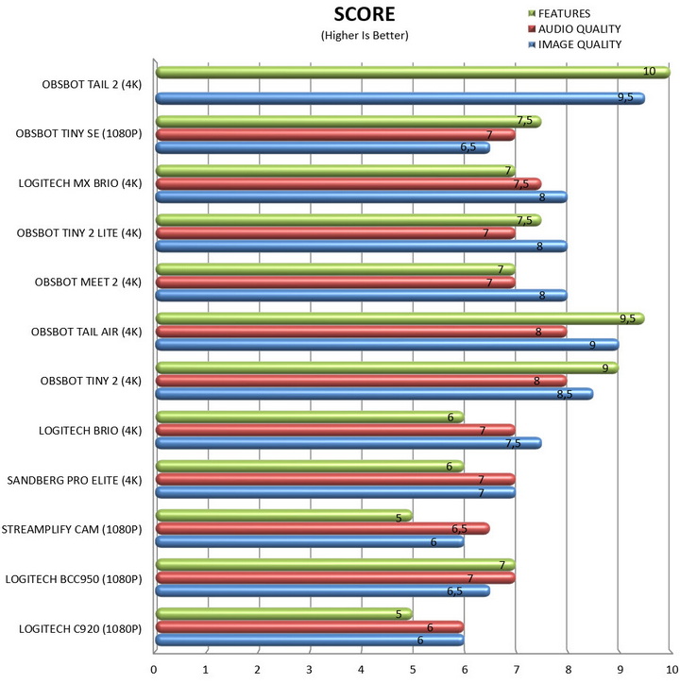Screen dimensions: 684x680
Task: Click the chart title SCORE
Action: tap(364, 15)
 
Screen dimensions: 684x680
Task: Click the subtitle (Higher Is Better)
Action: tap(364, 36)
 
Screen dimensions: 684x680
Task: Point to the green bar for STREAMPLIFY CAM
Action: tap(283, 516)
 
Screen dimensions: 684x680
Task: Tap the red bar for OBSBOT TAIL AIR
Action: tap(360, 331)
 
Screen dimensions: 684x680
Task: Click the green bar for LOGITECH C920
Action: tap(283, 614)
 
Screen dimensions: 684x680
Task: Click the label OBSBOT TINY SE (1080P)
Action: tap(78, 133)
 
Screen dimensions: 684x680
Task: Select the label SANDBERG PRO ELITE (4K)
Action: tap(74, 479)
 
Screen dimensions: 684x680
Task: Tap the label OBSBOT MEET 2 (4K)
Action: tap(87, 282)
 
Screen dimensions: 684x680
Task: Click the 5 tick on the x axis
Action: tap(412, 668)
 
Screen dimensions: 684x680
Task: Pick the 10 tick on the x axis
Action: tap(668, 668)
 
